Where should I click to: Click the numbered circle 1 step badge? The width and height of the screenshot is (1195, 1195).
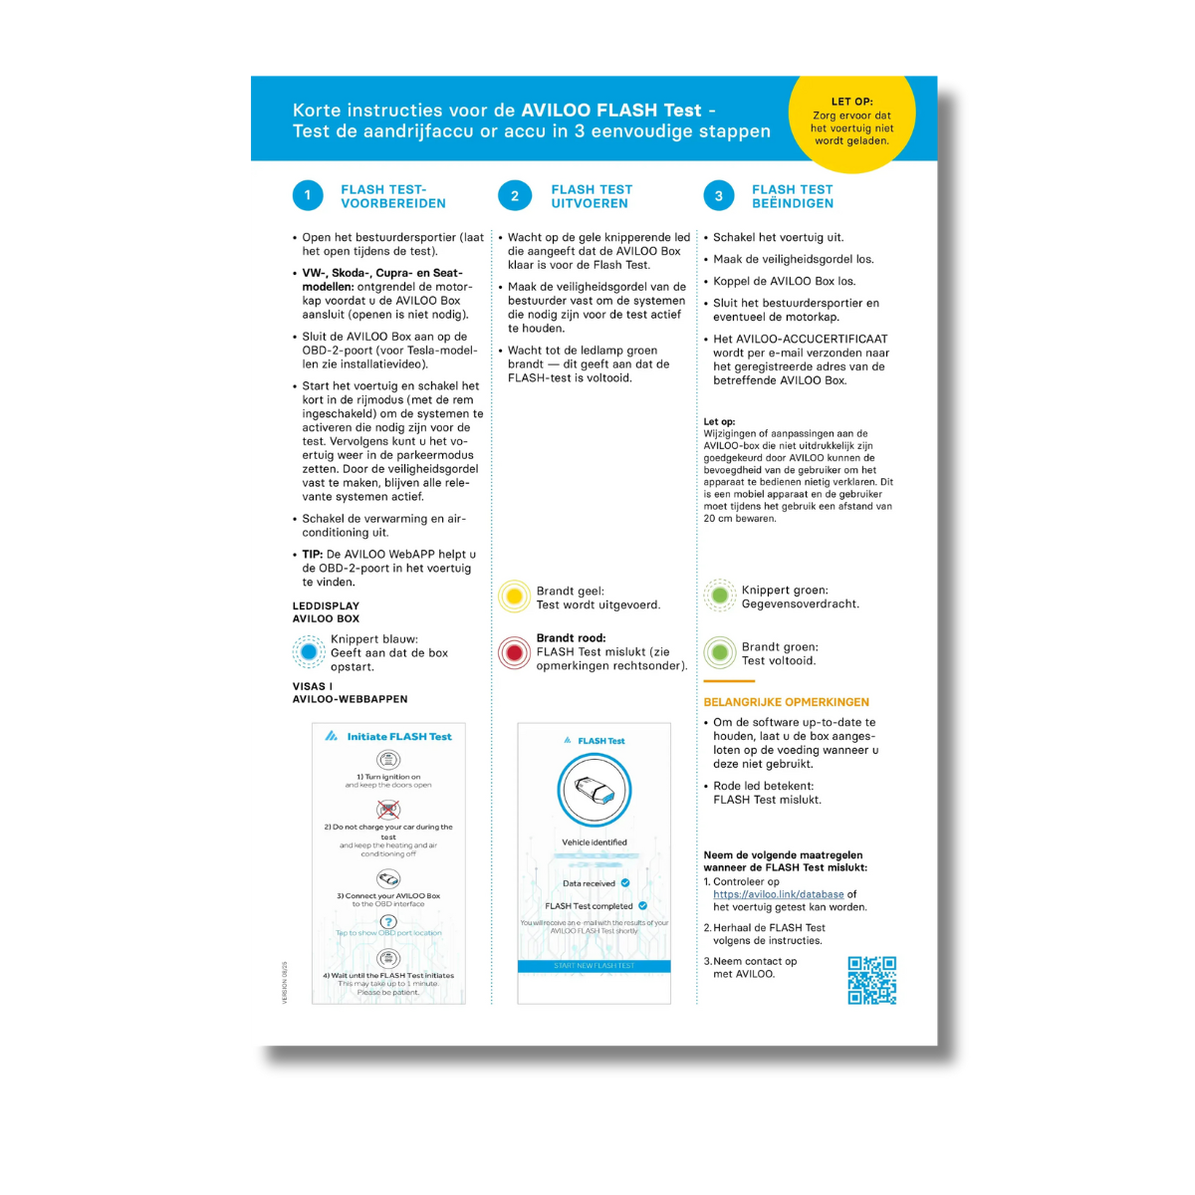coord(308,195)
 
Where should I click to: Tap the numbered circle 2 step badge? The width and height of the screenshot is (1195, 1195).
coord(514,195)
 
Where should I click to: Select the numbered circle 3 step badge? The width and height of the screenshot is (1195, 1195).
coord(719,195)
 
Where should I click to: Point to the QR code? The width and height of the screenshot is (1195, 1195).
coord(871,980)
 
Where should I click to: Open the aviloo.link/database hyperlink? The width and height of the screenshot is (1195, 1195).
coord(778,894)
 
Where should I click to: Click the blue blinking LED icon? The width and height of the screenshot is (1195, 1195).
coord(309,652)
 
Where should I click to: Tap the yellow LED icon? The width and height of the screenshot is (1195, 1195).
coord(514,597)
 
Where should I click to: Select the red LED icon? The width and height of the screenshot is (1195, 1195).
coord(514,653)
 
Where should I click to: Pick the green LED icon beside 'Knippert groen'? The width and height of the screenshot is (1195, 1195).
coord(720,596)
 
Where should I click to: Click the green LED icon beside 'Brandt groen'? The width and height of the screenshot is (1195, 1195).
coord(720,653)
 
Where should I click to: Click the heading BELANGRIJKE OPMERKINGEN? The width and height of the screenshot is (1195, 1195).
coord(786,702)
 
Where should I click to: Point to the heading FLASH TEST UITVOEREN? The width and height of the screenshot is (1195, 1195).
coord(592,196)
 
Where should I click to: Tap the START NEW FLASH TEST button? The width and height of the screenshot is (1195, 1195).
coord(594,966)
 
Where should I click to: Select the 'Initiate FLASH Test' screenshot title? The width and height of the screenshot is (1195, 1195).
coord(398,737)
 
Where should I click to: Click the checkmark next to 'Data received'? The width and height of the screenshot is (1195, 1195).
coord(625,883)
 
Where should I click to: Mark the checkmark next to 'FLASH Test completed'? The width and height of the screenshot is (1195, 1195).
coord(642,906)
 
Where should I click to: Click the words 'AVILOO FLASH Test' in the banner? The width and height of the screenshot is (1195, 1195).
coord(611,111)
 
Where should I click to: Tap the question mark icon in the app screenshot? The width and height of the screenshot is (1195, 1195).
coord(388,921)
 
